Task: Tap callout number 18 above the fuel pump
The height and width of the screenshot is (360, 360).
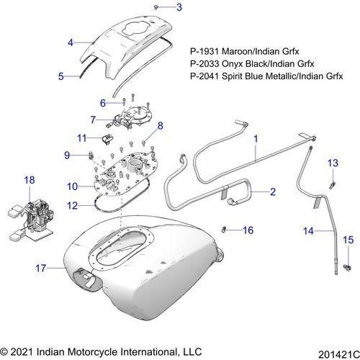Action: coord(30,179)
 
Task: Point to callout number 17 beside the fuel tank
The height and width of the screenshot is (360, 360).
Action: coord(41,268)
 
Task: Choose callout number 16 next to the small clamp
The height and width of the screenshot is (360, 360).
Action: coord(248,230)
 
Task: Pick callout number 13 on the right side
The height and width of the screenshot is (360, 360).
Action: coord(333,163)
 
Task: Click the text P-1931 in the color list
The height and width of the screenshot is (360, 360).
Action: coord(204,51)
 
